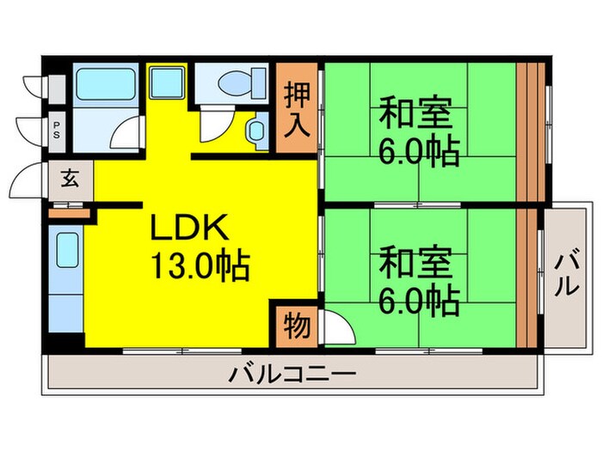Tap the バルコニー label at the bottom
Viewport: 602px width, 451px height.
pyautogui.click(x=292, y=375)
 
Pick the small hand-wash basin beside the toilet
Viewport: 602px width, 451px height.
pyautogui.click(x=257, y=132)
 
